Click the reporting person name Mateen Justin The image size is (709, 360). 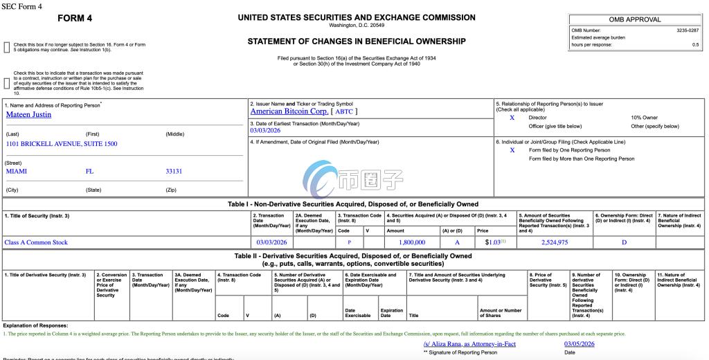[x=28, y=115]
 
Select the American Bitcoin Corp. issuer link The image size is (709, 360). [x=289, y=111]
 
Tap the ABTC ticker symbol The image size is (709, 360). [x=345, y=111]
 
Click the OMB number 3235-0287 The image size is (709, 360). [x=688, y=30]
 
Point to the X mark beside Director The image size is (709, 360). [x=512, y=118]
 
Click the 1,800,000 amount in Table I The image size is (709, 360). [x=412, y=242]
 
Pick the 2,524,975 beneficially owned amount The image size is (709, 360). [x=555, y=242]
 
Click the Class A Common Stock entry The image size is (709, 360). [x=36, y=242]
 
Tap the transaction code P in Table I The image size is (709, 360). [x=349, y=242]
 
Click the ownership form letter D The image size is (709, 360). [x=624, y=242]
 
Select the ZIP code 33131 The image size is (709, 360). [x=174, y=171]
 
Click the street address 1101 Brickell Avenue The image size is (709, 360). [x=62, y=144]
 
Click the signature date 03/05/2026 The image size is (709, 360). [x=580, y=344]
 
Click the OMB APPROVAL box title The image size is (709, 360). [x=635, y=19]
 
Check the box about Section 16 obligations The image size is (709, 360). [x=7, y=47]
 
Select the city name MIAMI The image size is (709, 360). [x=16, y=171]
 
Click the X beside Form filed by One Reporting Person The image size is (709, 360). [x=512, y=150]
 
